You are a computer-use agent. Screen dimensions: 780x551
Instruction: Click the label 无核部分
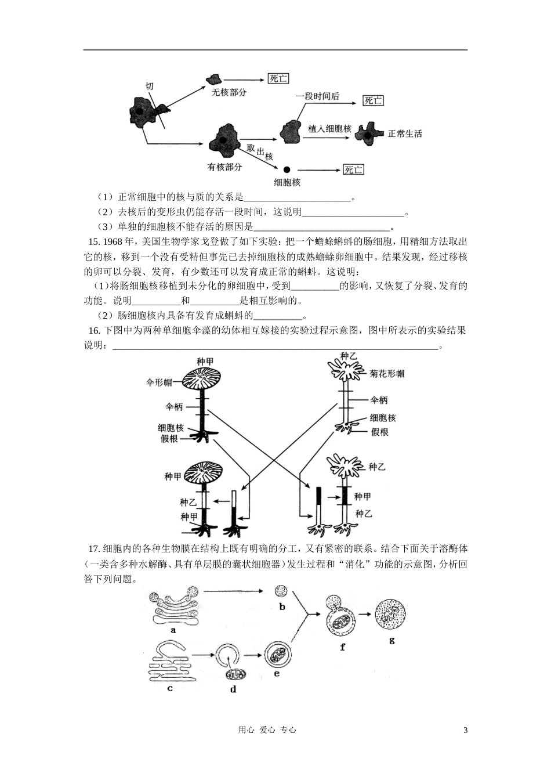coord(229,92)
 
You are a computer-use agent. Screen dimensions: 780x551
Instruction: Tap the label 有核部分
coord(224,167)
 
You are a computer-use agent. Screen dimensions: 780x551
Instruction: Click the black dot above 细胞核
coord(287,169)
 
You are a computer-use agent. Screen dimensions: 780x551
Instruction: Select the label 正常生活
coord(405,133)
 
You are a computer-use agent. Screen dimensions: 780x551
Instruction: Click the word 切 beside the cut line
coord(150,86)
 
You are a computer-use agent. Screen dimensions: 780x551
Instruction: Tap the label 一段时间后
coord(317,96)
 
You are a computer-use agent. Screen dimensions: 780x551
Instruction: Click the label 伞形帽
coord(159,382)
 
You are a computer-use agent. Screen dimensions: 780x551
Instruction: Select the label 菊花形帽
coord(387,374)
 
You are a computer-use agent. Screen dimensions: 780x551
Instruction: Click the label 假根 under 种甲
coord(169,439)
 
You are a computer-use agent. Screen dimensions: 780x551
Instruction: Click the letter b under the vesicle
coord(282,607)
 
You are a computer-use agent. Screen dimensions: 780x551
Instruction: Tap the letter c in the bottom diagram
coord(169,688)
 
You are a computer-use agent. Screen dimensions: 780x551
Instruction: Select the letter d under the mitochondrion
coord(233,689)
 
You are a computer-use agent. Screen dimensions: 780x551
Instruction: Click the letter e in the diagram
coord(277,674)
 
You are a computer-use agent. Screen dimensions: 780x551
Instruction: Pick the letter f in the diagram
coord(342,647)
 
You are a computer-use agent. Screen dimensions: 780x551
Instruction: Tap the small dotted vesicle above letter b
coord(281,591)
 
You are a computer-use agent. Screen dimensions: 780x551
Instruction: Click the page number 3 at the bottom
coord(465,730)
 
